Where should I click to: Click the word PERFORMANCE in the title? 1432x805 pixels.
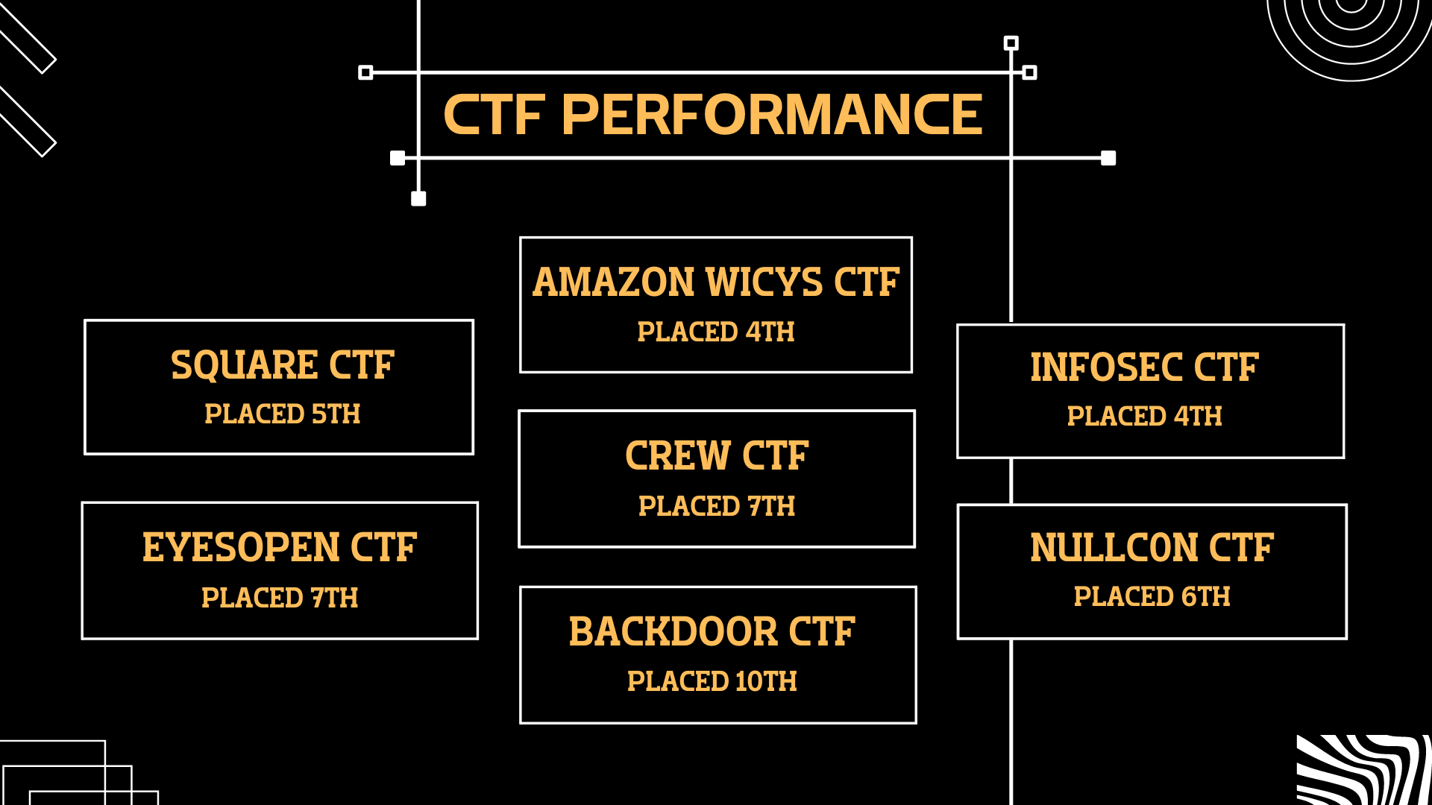[772, 115]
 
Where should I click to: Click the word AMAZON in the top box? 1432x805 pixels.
[613, 282]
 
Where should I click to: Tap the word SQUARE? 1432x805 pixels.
[244, 365]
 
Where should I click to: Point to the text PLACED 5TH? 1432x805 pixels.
[282, 414]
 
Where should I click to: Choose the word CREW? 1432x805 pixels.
[676, 455]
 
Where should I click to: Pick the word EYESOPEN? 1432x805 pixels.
[241, 548]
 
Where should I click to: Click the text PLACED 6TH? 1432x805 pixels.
[1152, 596]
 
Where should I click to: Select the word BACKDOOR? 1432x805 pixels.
[673, 632]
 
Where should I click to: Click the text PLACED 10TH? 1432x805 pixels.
[712, 681]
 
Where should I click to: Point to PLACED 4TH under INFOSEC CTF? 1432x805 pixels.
[1144, 416]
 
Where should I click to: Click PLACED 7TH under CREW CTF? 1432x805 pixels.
[716, 506]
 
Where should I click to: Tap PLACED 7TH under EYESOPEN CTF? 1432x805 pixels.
[280, 598]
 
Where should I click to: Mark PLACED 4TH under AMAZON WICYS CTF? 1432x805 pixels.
[715, 332]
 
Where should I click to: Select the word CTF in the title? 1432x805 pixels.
[494, 115]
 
